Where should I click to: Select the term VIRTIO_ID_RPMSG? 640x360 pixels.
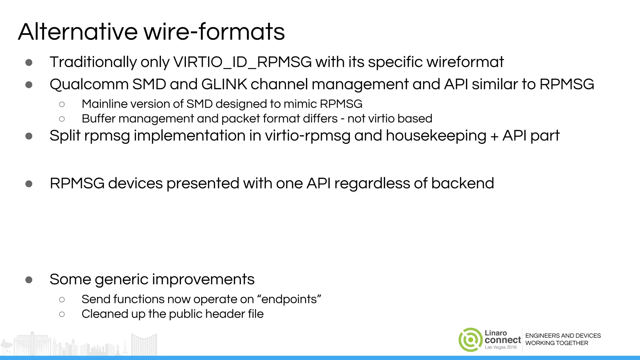(x=242, y=62)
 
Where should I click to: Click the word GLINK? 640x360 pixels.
(x=224, y=84)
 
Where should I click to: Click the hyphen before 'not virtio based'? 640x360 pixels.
(x=342, y=119)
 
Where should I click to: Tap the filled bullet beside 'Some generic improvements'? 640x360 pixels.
(x=29, y=280)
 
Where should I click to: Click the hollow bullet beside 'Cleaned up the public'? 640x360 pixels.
(x=62, y=314)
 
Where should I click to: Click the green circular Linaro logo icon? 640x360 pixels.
(x=470, y=340)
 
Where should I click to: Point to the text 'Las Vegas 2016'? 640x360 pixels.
(x=501, y=347)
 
